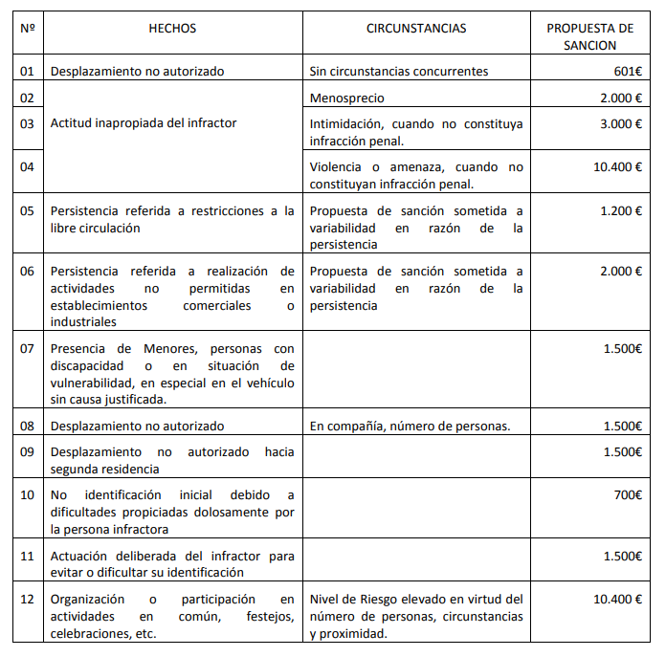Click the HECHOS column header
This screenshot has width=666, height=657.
tap(172, 29)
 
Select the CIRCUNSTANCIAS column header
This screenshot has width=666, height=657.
tap(416, 29)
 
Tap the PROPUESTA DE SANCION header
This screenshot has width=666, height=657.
tap(590, 36)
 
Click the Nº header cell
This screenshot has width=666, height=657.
tap(27, 29)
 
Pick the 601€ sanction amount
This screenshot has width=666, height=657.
tap(627, 71)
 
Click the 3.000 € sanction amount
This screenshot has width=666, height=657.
tap(621, 123)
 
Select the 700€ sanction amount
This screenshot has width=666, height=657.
tap(628, 495)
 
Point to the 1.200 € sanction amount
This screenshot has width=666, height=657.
tap(621, 210)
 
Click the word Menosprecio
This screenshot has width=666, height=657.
tap(347, 98)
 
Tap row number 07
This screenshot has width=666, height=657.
tap(27, 348)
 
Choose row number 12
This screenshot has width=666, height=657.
tap(27, 600)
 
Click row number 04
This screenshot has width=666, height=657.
tap(27, 167)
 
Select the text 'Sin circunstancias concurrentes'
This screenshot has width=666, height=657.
tap(399, 71)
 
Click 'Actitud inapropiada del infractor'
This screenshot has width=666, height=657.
tap(143, 123)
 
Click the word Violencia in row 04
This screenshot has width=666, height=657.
tap(337, 167)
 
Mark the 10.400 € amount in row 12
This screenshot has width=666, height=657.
tap(617, 600)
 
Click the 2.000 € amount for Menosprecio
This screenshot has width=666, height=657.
tap(621, 98)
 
